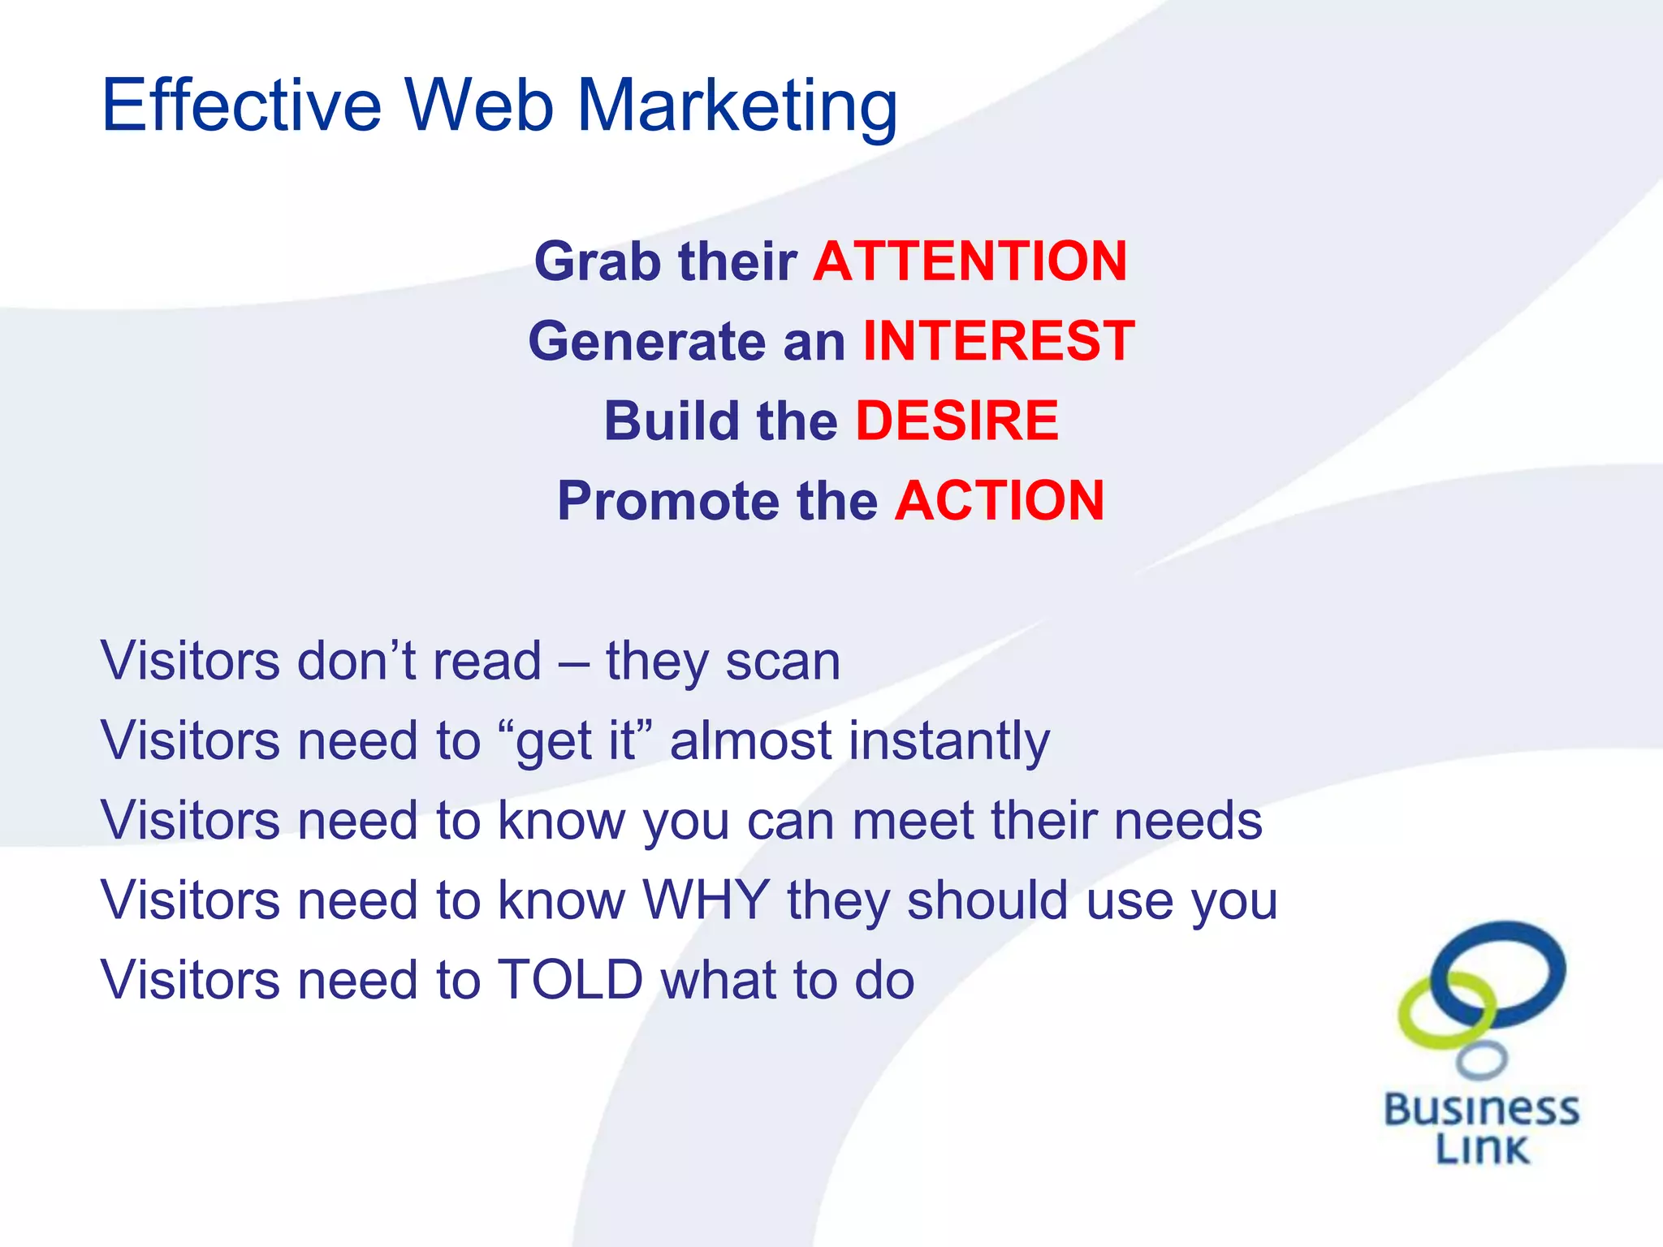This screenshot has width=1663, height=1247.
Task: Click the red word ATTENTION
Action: pos(970,261)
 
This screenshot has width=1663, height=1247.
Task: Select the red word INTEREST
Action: pos(998,341)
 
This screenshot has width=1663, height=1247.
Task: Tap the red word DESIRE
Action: pos(957,421)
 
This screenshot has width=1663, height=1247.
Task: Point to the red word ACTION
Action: pos(1000,500)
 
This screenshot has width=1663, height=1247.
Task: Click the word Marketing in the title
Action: pos(736,107)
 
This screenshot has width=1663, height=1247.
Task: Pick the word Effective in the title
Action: pos(241,106)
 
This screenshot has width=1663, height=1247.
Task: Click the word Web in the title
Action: pos(479,106)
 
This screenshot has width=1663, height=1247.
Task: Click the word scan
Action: pos(783,661)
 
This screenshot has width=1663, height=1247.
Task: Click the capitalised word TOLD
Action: pos(570,979)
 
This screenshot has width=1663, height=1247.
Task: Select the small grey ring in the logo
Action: pos(1482,1059)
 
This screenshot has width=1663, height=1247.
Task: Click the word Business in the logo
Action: pos(1482,1110)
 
